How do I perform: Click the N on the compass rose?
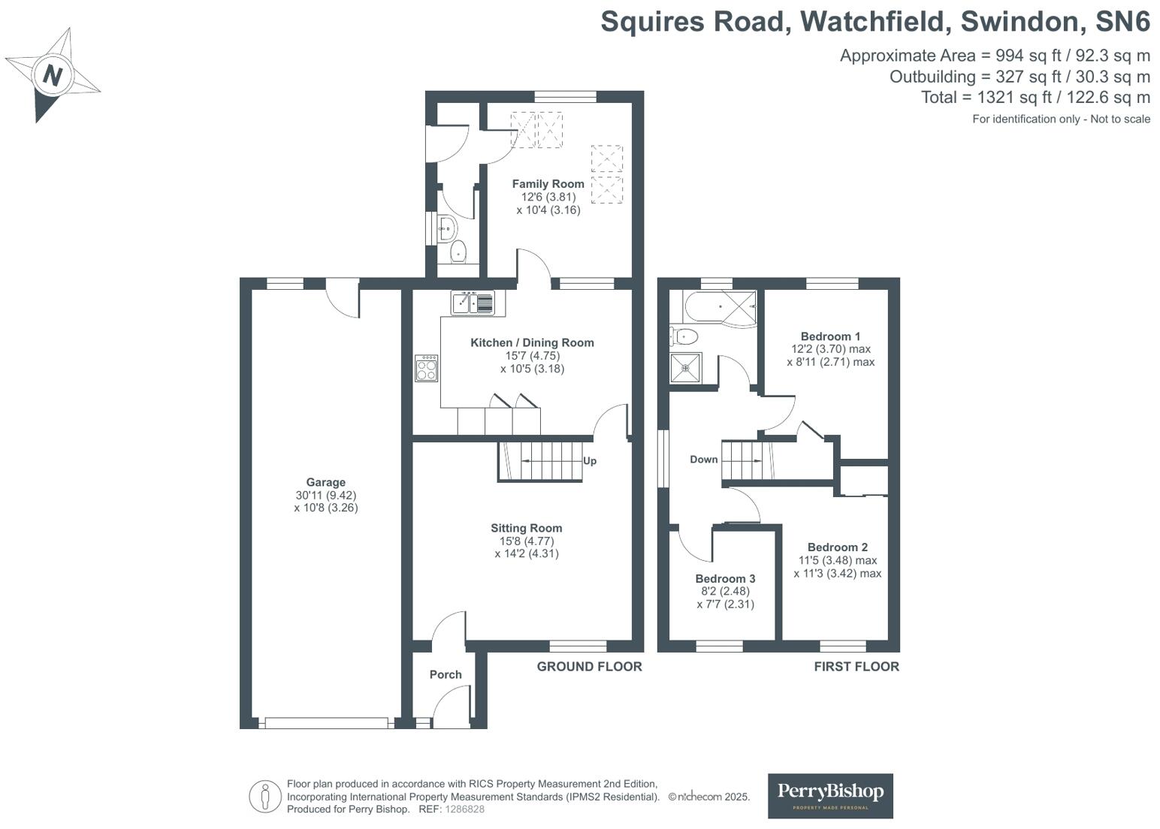point(52,74)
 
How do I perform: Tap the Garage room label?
point(325,483)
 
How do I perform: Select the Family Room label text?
point(548,184)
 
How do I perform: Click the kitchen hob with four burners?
point(426,368)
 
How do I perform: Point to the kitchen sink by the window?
point(473,303)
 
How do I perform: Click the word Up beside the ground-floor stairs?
point(590,460)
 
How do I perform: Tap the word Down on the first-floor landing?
point(703,460)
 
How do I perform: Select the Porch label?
point(446,674)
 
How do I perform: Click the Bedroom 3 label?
point(725,579)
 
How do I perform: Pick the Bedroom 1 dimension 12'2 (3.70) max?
point(830,349)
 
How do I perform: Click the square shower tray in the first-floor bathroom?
point(685,368)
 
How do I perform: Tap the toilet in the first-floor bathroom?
point(684,336)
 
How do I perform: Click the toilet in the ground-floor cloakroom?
point(458,253)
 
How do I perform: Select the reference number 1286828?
point(464,809)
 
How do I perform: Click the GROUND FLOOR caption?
point(589,667)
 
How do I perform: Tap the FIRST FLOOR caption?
point(856,667)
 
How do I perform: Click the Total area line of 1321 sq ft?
point(1035,98)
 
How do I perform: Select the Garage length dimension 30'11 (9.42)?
point(325,496)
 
